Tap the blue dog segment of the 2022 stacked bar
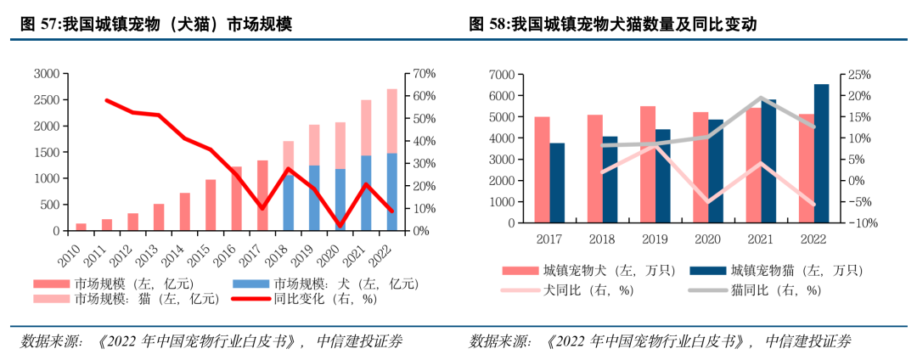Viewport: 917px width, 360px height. (391, 192)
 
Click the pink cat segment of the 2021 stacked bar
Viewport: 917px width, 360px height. (366, 127)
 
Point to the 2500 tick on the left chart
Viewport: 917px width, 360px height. (48, 100)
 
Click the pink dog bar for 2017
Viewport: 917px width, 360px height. (542, 170)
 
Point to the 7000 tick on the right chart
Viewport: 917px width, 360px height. (500, 75)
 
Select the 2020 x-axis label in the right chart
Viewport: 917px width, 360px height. (707, 238)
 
